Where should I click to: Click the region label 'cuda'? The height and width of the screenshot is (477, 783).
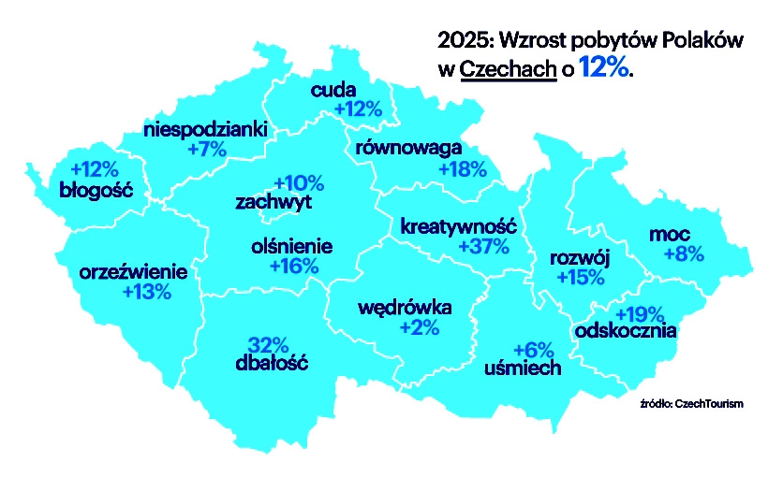click(332, 90)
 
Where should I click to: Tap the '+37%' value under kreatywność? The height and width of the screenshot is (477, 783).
click(484, 247)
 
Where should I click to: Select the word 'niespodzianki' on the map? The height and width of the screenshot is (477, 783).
click(206, 129)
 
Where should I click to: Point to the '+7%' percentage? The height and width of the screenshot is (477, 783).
click(207, 150)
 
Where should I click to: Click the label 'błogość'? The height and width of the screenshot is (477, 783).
click(96, 191)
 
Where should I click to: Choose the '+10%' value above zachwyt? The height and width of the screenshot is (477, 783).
click(298, 182)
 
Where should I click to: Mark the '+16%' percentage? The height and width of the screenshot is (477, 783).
click(294, 267)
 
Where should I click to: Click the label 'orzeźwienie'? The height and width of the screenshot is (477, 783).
click(134, 272)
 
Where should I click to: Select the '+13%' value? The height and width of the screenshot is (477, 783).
click(147, 293)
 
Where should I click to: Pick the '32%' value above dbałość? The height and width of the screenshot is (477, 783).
click(267, 343)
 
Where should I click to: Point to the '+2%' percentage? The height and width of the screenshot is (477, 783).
click(419, 327)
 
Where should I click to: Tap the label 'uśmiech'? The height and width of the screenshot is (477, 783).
click(523, 368)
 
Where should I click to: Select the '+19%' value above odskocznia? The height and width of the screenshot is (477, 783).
click(639, 313)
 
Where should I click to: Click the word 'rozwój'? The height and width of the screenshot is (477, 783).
click(579, 258)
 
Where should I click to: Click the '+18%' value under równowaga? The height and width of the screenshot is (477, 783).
click(463, 169)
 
